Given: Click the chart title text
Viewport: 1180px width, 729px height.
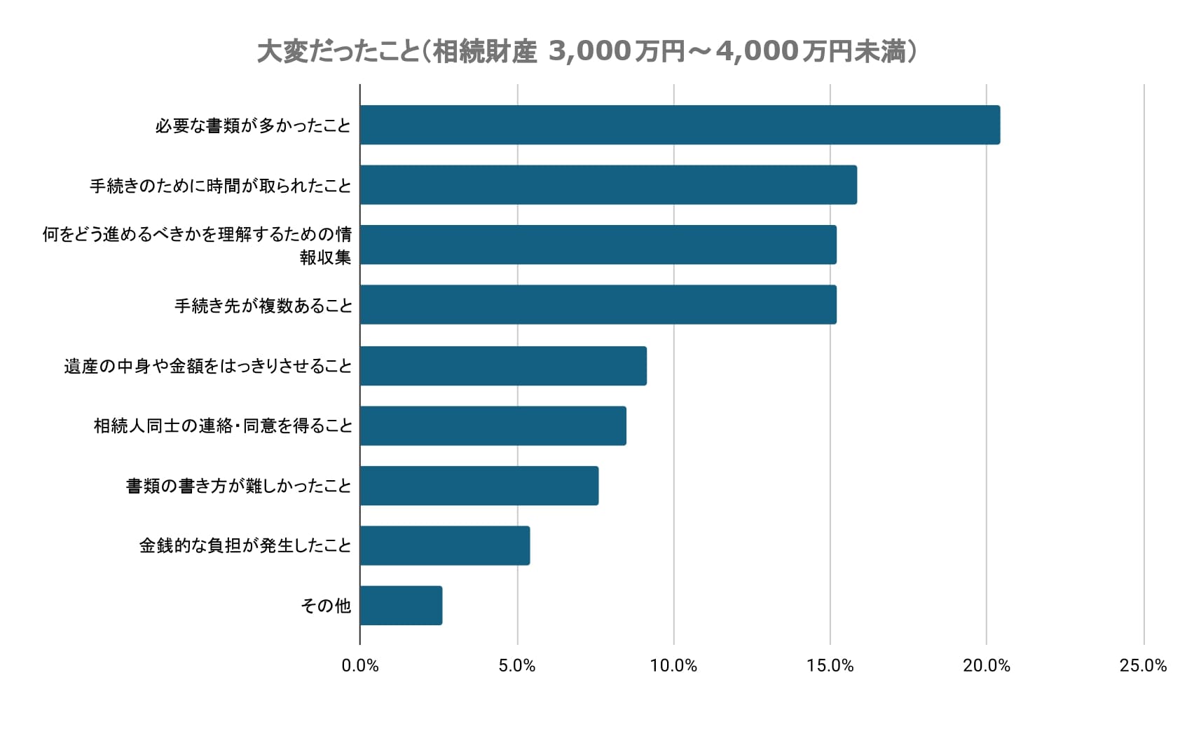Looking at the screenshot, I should (x=587, y=51).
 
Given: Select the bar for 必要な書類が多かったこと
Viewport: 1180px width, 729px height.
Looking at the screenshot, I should (x=680, y=125).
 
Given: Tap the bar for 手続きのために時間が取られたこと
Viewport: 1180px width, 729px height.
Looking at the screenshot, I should (x=608, y=185).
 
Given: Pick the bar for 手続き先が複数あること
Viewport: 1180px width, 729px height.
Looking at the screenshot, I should (x=598, y=304).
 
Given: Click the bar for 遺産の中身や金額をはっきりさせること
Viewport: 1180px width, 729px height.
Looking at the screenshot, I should (x=503, y=365).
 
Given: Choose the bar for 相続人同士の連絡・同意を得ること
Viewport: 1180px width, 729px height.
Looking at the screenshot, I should (x=493, y=425).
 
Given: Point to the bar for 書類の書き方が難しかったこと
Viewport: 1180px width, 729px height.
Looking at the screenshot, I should (x=479, y=485).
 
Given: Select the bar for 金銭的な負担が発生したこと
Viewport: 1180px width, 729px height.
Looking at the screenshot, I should (x=445, y=545).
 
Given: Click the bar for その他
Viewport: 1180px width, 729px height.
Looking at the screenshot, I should (x=401, y=606).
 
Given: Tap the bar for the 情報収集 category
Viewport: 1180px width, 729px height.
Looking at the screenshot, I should (x=598, y=245).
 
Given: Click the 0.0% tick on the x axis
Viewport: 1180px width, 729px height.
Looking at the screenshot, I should (x=360, y=666).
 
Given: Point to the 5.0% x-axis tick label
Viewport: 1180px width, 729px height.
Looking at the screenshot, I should (x=517, y=666).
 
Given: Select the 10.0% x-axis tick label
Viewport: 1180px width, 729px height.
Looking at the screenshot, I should (x=673, y=666).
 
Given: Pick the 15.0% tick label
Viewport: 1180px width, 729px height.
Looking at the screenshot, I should (x=830, y=666).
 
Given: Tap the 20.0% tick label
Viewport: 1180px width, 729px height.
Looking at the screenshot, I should (x=987, y=666).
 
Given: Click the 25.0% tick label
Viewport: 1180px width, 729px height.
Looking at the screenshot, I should (x=1143, y=666).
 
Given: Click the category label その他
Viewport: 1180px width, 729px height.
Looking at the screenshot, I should (x=326, y=606).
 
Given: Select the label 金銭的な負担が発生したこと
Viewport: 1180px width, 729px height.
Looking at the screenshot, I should (x=245, y=545).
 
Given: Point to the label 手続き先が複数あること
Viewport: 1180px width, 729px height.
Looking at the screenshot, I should (x=263, y=306).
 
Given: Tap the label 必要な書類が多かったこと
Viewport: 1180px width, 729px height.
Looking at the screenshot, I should (x=253, y=125).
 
